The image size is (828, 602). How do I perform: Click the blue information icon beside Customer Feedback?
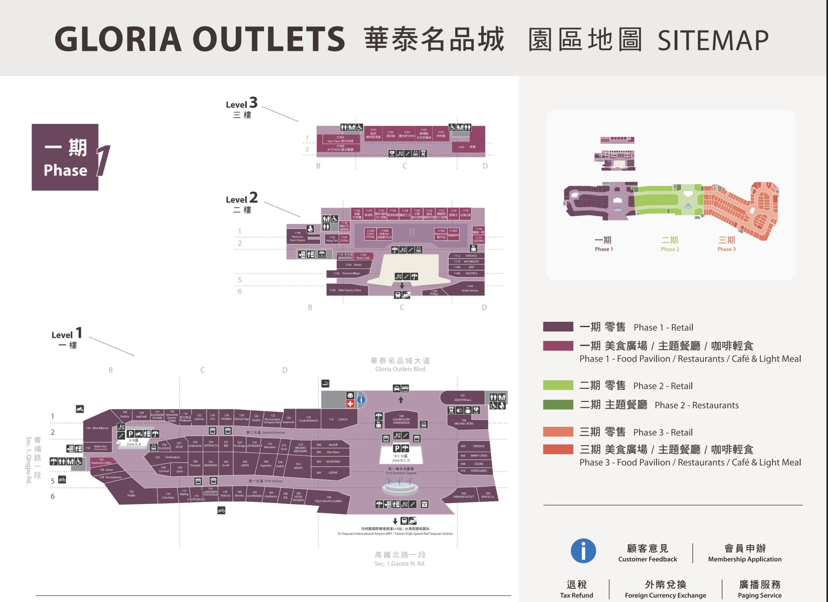point(583,551)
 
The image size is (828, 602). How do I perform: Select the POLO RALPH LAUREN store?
point(328,501)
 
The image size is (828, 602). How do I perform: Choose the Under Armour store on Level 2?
point(470,289)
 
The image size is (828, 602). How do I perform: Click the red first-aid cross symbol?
point(350,404)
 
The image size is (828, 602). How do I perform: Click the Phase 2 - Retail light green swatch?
point(558,385)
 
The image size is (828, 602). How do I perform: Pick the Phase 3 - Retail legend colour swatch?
point(558,432)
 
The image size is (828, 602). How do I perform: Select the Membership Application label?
point(745,559)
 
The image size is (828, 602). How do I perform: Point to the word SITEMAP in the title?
point(713,40)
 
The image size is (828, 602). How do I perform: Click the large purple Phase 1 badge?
point(65,157)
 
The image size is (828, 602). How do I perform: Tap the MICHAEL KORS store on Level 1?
point(464,422)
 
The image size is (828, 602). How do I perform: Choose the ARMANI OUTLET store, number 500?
point(464,495)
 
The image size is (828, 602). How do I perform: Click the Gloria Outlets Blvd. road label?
point(400,369)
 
